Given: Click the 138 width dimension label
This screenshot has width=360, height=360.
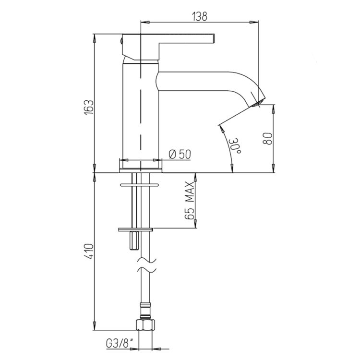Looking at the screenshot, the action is pos(200,16).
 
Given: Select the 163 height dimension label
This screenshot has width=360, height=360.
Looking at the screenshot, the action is pos(89,108).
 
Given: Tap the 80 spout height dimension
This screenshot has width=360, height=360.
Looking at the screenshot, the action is pos(267,138).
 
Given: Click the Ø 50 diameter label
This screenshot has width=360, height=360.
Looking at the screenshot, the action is pos(180,154).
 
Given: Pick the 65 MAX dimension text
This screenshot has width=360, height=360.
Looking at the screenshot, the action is pos(190,201).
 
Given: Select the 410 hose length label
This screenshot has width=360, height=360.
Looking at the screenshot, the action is pos(89,252).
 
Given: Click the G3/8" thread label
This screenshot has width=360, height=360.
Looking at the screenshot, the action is pos(120,344).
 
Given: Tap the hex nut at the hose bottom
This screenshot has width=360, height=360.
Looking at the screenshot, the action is pos(145,324).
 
